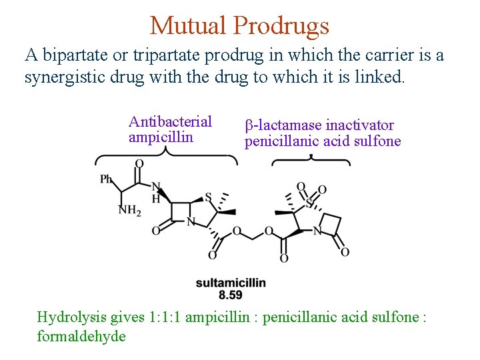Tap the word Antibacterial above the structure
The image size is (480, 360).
(170, 121)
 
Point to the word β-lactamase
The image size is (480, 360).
(283, 125)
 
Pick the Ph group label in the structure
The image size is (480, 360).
(106, 179)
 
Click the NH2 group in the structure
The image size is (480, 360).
(129, 211)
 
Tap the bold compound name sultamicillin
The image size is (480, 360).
(231, 283)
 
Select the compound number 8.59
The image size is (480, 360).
(231, 294)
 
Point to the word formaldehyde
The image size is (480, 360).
(81, 335)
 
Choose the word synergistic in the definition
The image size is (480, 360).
(64, 77)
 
